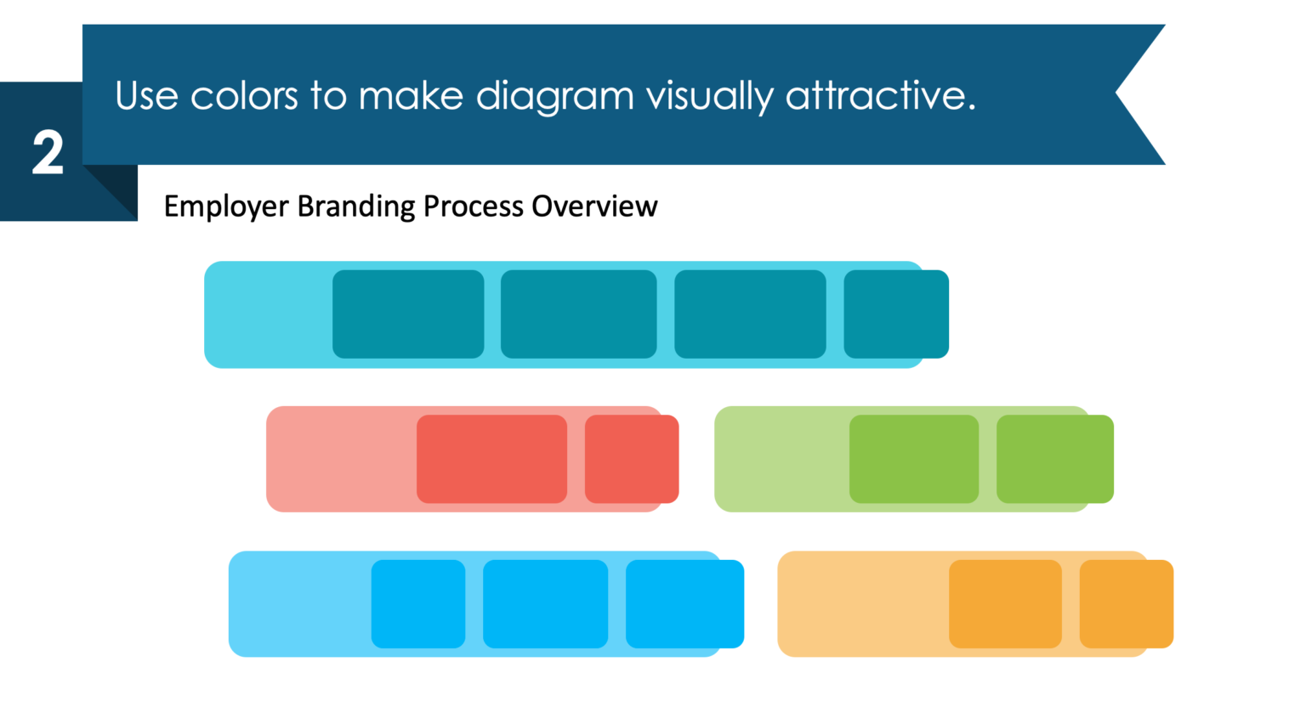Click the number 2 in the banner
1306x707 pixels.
(48, 154)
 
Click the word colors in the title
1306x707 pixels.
(243, 96)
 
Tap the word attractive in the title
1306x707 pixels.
(879, 96)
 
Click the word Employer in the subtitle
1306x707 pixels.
(225, 206)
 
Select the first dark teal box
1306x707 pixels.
(408, 314)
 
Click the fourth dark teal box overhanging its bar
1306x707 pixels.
(896, 314)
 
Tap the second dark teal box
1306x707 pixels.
(578, 314)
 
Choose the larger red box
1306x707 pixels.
(491, 459)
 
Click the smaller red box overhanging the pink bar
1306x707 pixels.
(632, 459)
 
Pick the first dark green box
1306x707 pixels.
(914, 459)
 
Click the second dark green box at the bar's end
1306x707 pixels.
(1055, 459)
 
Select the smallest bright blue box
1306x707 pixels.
(418, 604)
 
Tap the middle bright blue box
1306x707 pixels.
(545, 604)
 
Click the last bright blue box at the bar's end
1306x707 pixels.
(684, 604)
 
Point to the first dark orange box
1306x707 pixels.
(1005, 604)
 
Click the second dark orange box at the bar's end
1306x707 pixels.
(1126, 604)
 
